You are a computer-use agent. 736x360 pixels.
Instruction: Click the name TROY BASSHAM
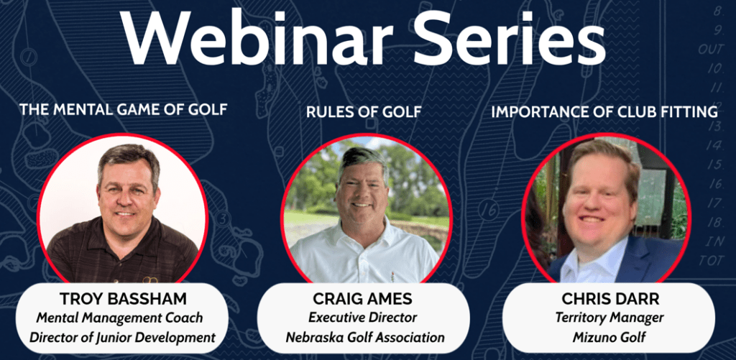pyautogui.click(x=124, y=299)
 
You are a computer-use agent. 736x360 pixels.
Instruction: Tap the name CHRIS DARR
pyautogui.click(x=608, y=299)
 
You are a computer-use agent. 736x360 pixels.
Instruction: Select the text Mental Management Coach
pyautogui.click(x=124, y=318)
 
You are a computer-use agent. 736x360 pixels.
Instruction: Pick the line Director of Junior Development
pyautogui.click(x=124, y=336)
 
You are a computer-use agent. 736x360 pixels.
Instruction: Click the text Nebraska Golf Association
pyautogui.click(x=365, y=337)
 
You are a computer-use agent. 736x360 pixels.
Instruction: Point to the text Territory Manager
pyautogui.click(x=608, y=317)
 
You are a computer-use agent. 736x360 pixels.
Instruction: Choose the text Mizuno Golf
pyautogui.click(x=608, y=336)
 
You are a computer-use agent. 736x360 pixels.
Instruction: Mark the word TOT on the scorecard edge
pyautogui.click(x=712, y=260)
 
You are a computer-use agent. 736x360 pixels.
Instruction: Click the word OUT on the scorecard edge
pyautogui.click(x=713, y=50)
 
